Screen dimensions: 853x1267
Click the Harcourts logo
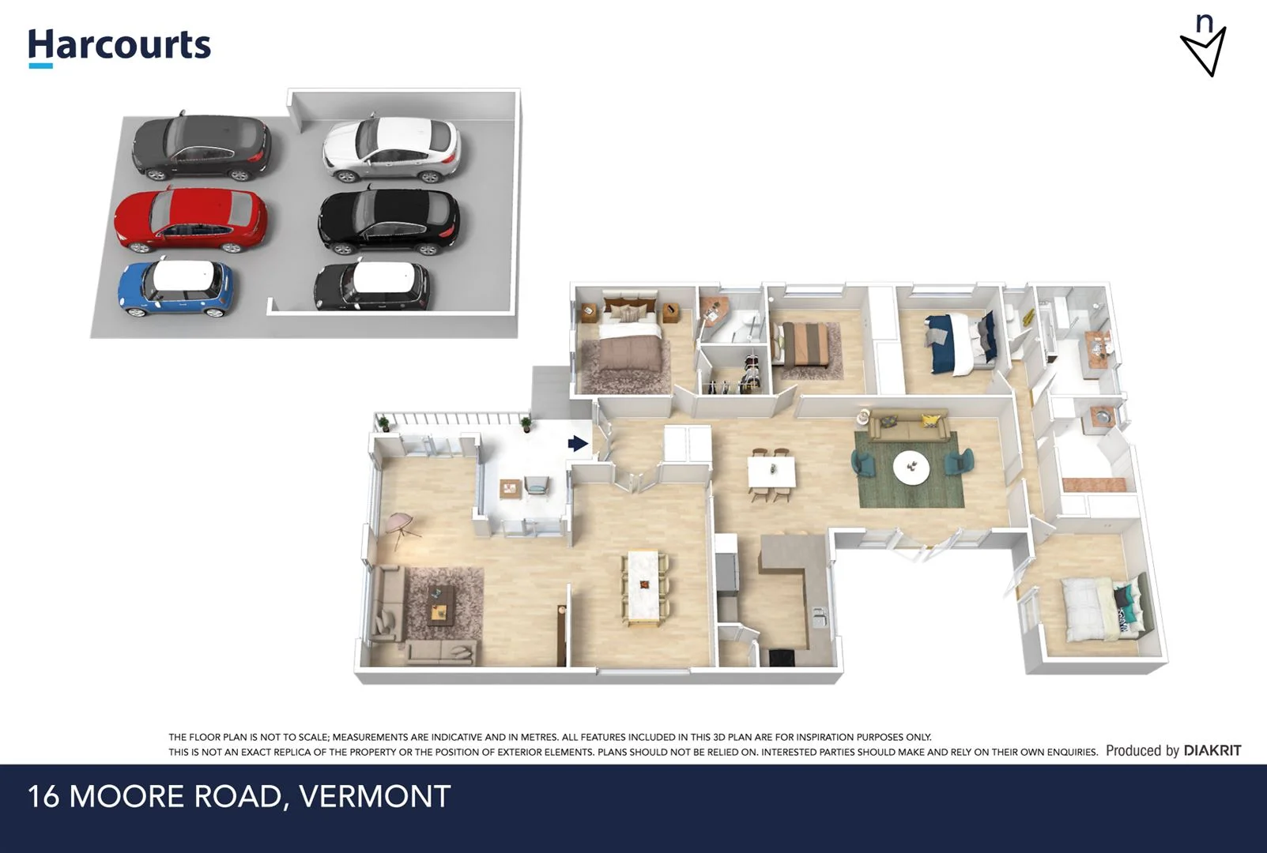tap(119, 46)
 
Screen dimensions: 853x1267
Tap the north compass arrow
tap(1204, 49)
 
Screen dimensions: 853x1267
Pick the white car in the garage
tap(391, 148)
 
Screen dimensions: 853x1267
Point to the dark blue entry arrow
tap(578, 444)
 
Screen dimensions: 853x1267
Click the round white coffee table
tap(911, 466)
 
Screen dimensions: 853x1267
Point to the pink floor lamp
tap(402, 524)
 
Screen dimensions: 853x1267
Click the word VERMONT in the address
tap(375, 796)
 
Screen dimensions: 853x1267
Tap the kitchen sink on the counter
tap(820, 615)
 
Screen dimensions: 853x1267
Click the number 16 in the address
tap(43, 796)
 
